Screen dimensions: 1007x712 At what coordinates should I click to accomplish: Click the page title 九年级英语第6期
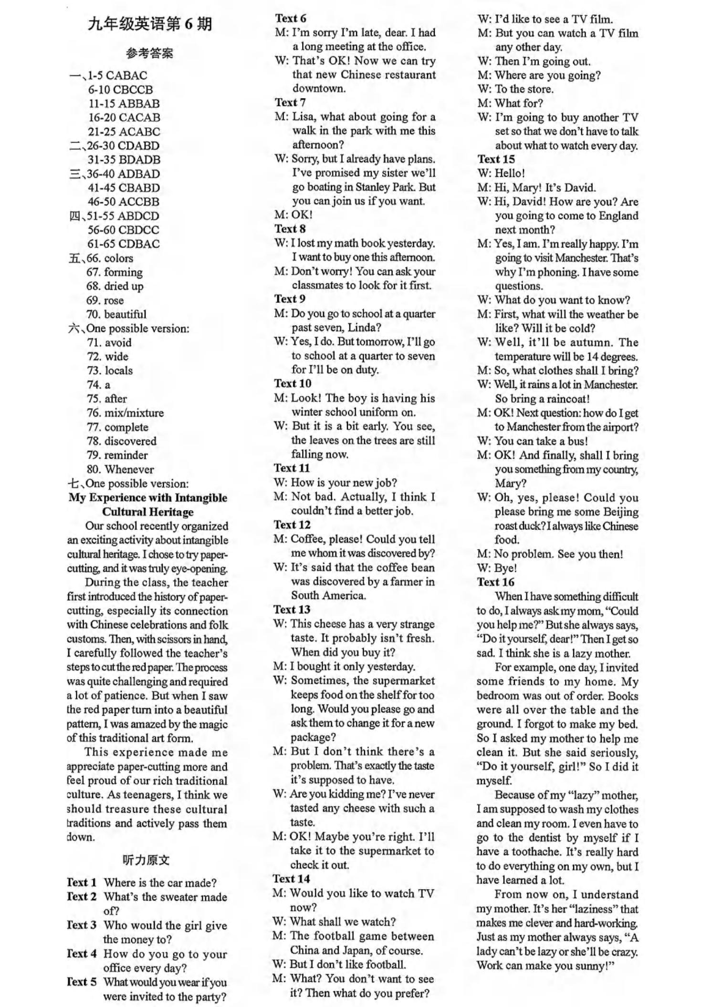pos(149,24)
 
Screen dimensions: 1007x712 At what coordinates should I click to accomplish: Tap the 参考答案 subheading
pos(149,53)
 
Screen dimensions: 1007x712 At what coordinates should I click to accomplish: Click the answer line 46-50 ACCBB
pos(124,202)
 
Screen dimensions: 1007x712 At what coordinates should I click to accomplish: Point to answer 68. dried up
pos(115,286)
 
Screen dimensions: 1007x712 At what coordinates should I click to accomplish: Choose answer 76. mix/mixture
pos(125,413)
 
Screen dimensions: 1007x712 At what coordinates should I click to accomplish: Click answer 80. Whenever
pos(120,469)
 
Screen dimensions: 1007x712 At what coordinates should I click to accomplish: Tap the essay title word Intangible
pos(201,498)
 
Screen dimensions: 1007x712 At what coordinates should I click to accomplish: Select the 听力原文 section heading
pos(146,860)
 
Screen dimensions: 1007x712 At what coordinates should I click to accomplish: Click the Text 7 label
pos(290,103)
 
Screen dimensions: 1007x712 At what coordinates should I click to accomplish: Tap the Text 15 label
pos(496,159)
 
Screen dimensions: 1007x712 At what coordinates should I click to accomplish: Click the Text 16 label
pos(496,582)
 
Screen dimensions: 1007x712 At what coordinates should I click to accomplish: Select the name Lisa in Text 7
pos(303,117)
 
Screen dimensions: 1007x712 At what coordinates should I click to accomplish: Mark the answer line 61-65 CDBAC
pos(124,244)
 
